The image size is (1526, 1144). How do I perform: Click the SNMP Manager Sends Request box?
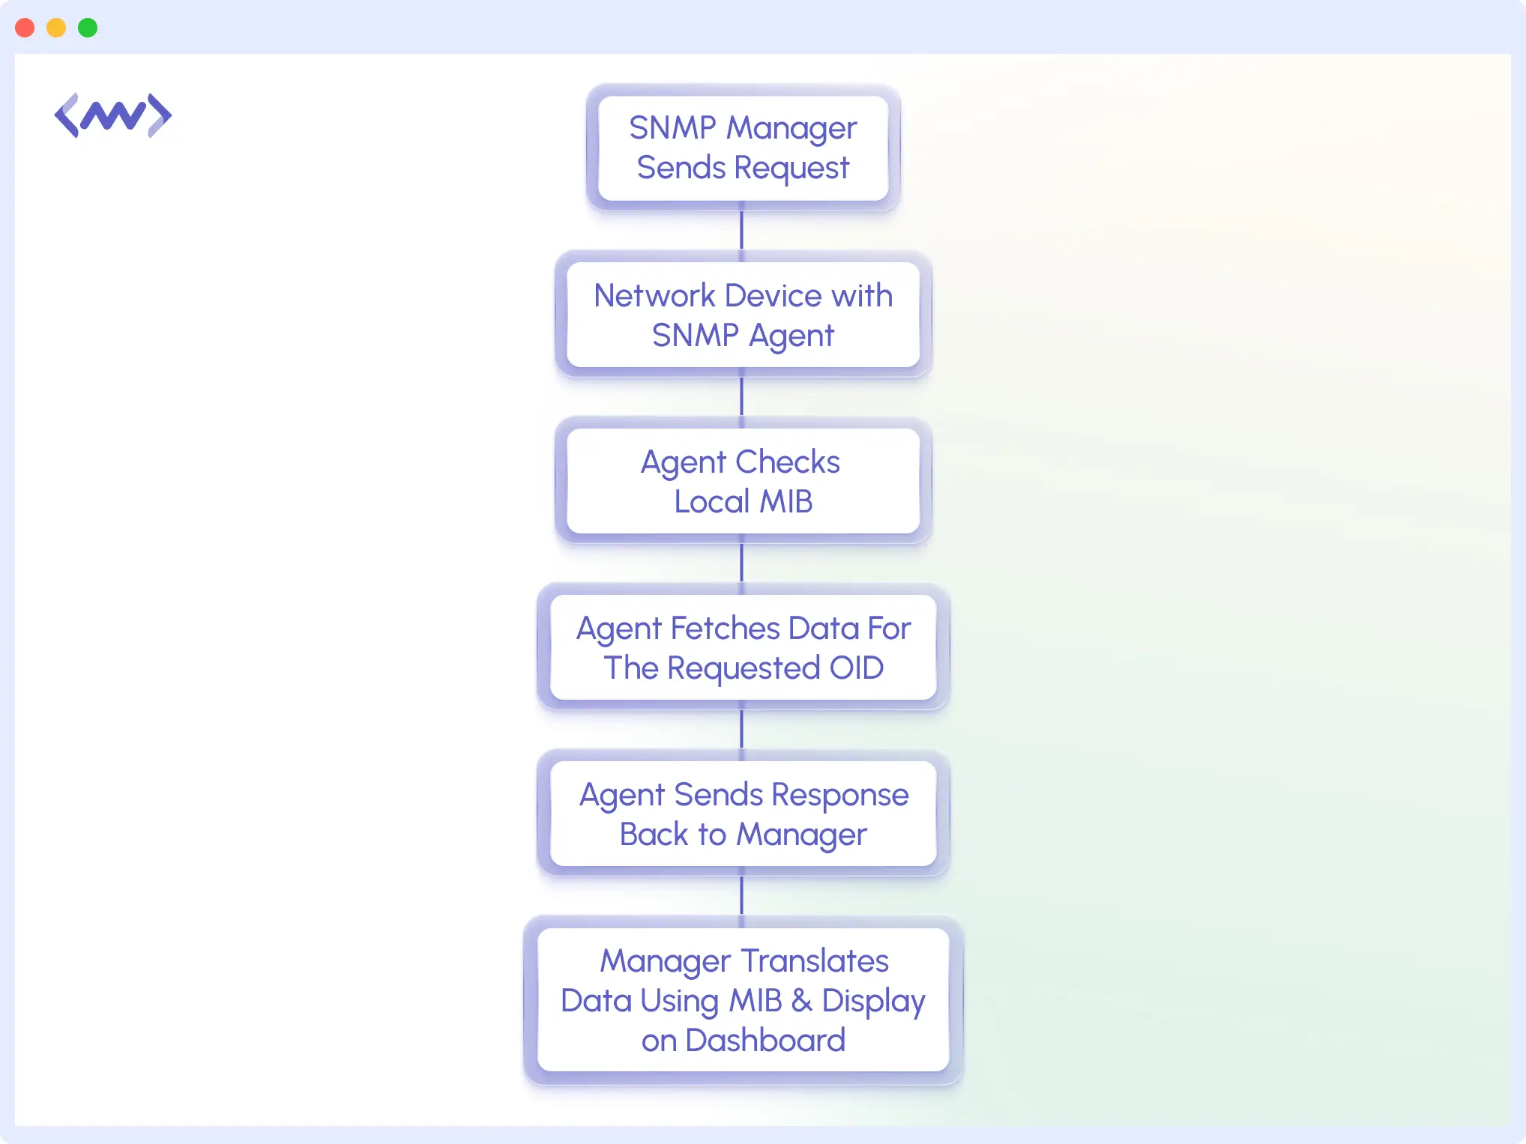[743, 148]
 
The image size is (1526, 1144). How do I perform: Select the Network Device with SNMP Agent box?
[743, 315]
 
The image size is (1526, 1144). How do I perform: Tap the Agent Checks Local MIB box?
[743, 481]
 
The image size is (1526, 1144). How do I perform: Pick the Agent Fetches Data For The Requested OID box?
[743, 647]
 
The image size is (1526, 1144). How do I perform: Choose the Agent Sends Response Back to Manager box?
[743, 814]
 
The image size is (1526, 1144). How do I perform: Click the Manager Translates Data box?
[743, 999]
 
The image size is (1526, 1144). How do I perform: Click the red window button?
[25, 28]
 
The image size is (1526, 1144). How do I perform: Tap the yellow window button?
[56, 28]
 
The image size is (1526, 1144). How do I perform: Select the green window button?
[88, 28]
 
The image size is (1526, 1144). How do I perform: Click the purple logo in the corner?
[112, 115]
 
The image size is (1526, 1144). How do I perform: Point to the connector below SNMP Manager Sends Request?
[741, 231]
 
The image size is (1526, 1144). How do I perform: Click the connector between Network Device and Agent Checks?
[741, 397]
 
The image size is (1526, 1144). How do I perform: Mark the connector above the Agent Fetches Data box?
[741, 563]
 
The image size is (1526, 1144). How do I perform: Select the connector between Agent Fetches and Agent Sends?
[741, 730]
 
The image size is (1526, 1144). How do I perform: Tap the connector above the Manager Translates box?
[741, 896]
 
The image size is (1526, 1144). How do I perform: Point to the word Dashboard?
[764, 1040]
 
